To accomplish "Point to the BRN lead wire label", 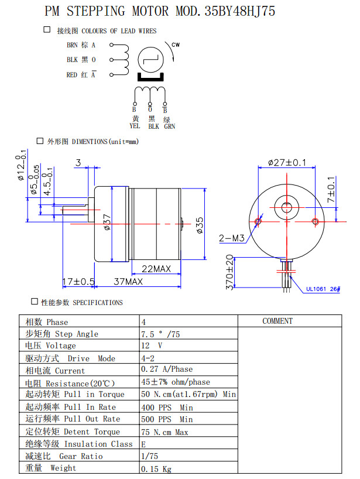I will tap(72, 45).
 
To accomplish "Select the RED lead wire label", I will tap(72, 74).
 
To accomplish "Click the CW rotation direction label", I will tap(176, 45).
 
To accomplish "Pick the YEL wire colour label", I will tap(135, 126).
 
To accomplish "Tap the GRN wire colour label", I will tap(169, 126).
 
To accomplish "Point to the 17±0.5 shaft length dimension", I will tap(79, 282).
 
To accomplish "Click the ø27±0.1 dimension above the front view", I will tap(287, 162).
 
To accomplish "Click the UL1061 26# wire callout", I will tap(323, 288).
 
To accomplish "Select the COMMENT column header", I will tap(277, 321).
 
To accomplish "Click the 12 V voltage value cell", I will tap(152, 345).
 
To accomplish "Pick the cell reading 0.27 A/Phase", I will tap(167, 369).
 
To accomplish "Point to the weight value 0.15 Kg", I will tap(156, 468).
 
